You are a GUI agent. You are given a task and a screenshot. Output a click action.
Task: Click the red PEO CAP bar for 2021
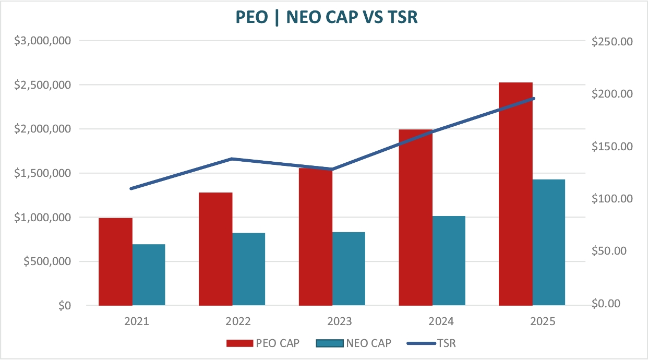[115, 261]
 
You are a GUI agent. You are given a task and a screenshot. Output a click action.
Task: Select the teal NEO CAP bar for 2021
[149, 274]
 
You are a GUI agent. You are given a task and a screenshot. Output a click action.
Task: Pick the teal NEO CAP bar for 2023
[349, 269]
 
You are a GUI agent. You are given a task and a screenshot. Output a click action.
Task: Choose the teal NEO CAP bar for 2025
[549, 242]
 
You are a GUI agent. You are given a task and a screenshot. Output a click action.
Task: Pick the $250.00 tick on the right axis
[613, 41]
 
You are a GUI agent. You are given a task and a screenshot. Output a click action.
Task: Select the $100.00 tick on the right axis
[613, 199]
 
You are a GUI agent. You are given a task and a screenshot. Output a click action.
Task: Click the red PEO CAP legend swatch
[239, 343]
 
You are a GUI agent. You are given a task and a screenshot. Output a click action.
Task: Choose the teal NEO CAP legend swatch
[329, 343]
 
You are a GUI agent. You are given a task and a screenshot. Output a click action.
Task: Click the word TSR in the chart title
[403, 17]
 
